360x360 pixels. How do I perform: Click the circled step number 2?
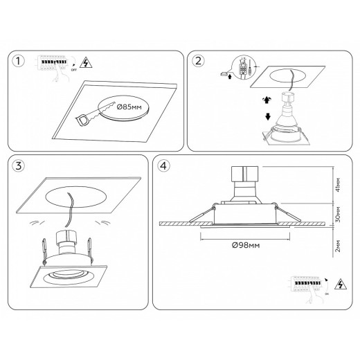click(199, 62)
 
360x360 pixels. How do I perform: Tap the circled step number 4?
click(163, 166)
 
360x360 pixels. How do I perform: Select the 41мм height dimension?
click(337, 186)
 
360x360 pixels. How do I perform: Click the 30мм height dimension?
click(337, 213)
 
